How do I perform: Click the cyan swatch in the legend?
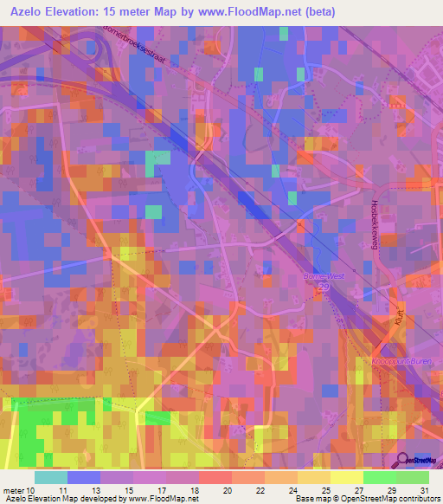(x=51, y=477)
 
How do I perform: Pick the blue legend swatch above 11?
(x=84, y=477)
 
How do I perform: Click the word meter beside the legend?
(x=15, y=490)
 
